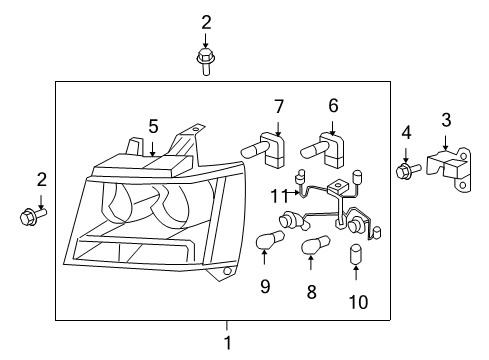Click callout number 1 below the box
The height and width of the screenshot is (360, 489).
pos(227,343)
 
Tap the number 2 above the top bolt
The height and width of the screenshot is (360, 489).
pos(206,21)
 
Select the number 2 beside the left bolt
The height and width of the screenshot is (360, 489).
pos(41,179)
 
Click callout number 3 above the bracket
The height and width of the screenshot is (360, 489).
pos(446,120)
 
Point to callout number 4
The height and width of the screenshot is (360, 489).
pos(406,132)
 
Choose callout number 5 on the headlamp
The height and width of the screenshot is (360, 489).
pos(153,126)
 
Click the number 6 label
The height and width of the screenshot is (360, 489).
pos(333,104)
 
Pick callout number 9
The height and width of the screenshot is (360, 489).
pos(265,288)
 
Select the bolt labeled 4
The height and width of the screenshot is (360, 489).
pos(406,172)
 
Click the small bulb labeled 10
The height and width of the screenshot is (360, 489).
pos(356,255)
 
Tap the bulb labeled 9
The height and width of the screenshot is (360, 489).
pos(269,240)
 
